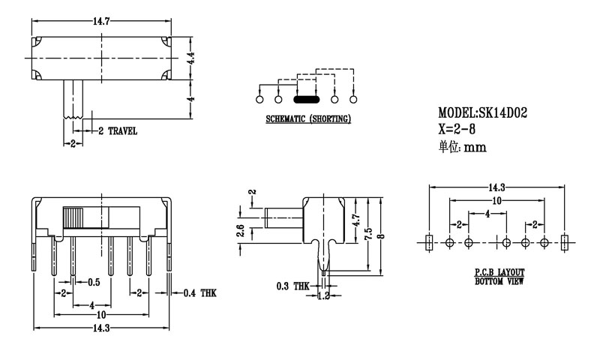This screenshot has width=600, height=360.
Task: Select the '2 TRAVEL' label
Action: [x=118, y=130]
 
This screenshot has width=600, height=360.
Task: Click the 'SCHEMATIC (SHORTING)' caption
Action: [x=309, y=119]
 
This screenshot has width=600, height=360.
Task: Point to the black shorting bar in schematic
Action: [x=306, y=98]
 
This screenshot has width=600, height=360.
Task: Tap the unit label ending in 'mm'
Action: [x=462, y=147]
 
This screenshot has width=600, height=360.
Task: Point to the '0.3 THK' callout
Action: [x=292, y=286]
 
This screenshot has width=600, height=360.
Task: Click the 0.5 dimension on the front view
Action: [x=94, y=282]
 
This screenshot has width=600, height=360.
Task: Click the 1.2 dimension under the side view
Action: [x=323, y=296]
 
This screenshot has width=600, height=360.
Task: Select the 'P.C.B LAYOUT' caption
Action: [x=499, y=273]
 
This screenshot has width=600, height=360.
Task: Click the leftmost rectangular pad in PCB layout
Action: [x=429, y=242]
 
